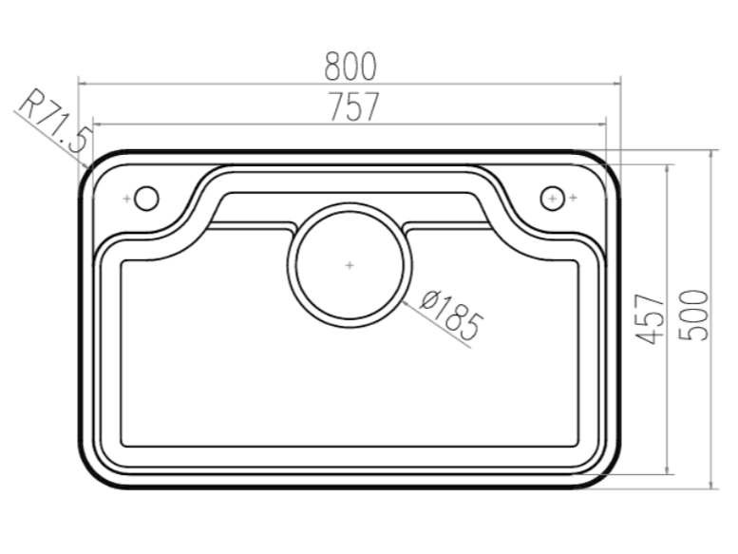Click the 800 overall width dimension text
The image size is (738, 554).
pos(350,67)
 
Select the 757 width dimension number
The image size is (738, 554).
pos(353,107)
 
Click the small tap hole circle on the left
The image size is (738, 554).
pos(146,198)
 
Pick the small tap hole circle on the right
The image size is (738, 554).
pos(552,198)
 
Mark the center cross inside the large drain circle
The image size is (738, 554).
pos(350,264)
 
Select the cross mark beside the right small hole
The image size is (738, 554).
pos(573,198)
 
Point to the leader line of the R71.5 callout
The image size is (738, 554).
pos(47,136)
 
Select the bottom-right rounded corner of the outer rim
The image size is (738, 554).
pos(608,474)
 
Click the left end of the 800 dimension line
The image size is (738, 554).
pos(78,84)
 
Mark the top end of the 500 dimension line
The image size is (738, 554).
pos(712,151)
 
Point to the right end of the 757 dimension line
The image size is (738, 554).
pos(606,124)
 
